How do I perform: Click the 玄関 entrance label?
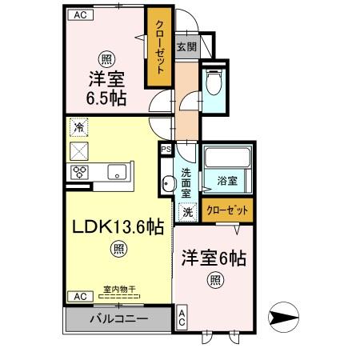click(x=186, y=46)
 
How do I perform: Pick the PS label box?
click(x=166, y=150)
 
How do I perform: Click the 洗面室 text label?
click(x=186, y=182)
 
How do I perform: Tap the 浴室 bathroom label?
click(x=228, y=182)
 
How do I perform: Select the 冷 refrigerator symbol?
click(x=78, y=127)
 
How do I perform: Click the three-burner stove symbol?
click(x=80, y=171)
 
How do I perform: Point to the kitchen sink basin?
click(x=117, y=170)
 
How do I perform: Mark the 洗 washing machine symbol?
click(x=186, y=213)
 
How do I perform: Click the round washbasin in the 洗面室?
click(x=167, y=185)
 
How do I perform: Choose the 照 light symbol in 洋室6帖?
click(x=214, y=279)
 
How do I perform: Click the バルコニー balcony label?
click(x=118, y=319)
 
